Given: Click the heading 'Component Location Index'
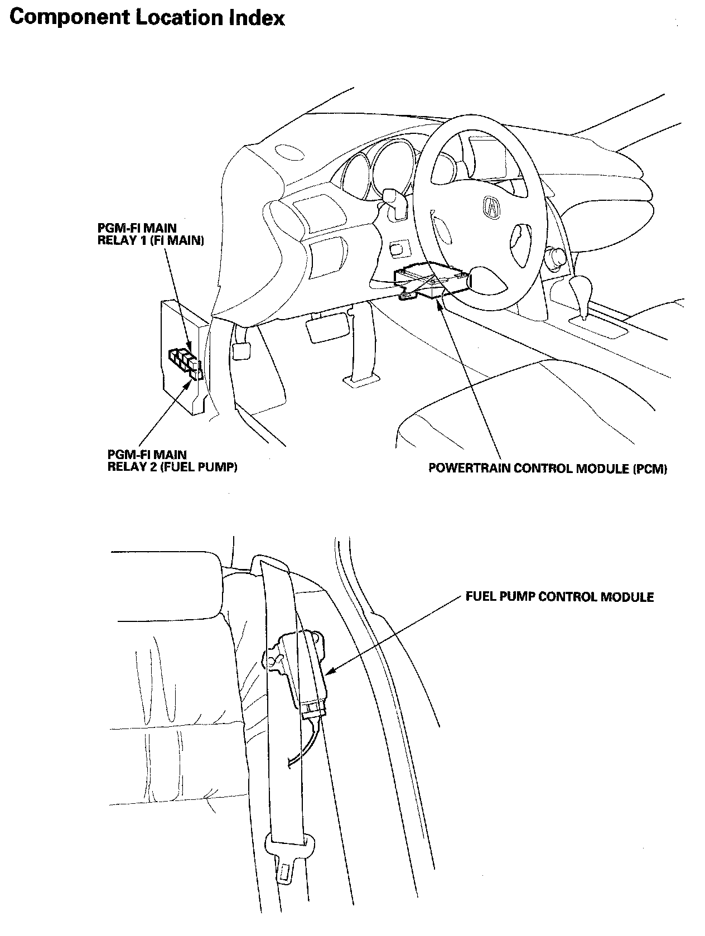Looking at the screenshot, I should pyautogui.click(x=147, y=17).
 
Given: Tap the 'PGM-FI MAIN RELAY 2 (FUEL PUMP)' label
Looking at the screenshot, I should pyautogui.click(x=172, y=461).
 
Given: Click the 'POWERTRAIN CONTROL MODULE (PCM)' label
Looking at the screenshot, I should pyautogui.click(x=547, y=469).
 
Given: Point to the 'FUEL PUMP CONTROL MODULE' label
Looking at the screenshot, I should pyautogui.click(x=559, y=597).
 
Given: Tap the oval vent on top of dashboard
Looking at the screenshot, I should pyautogui.click(x=287, y=151).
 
